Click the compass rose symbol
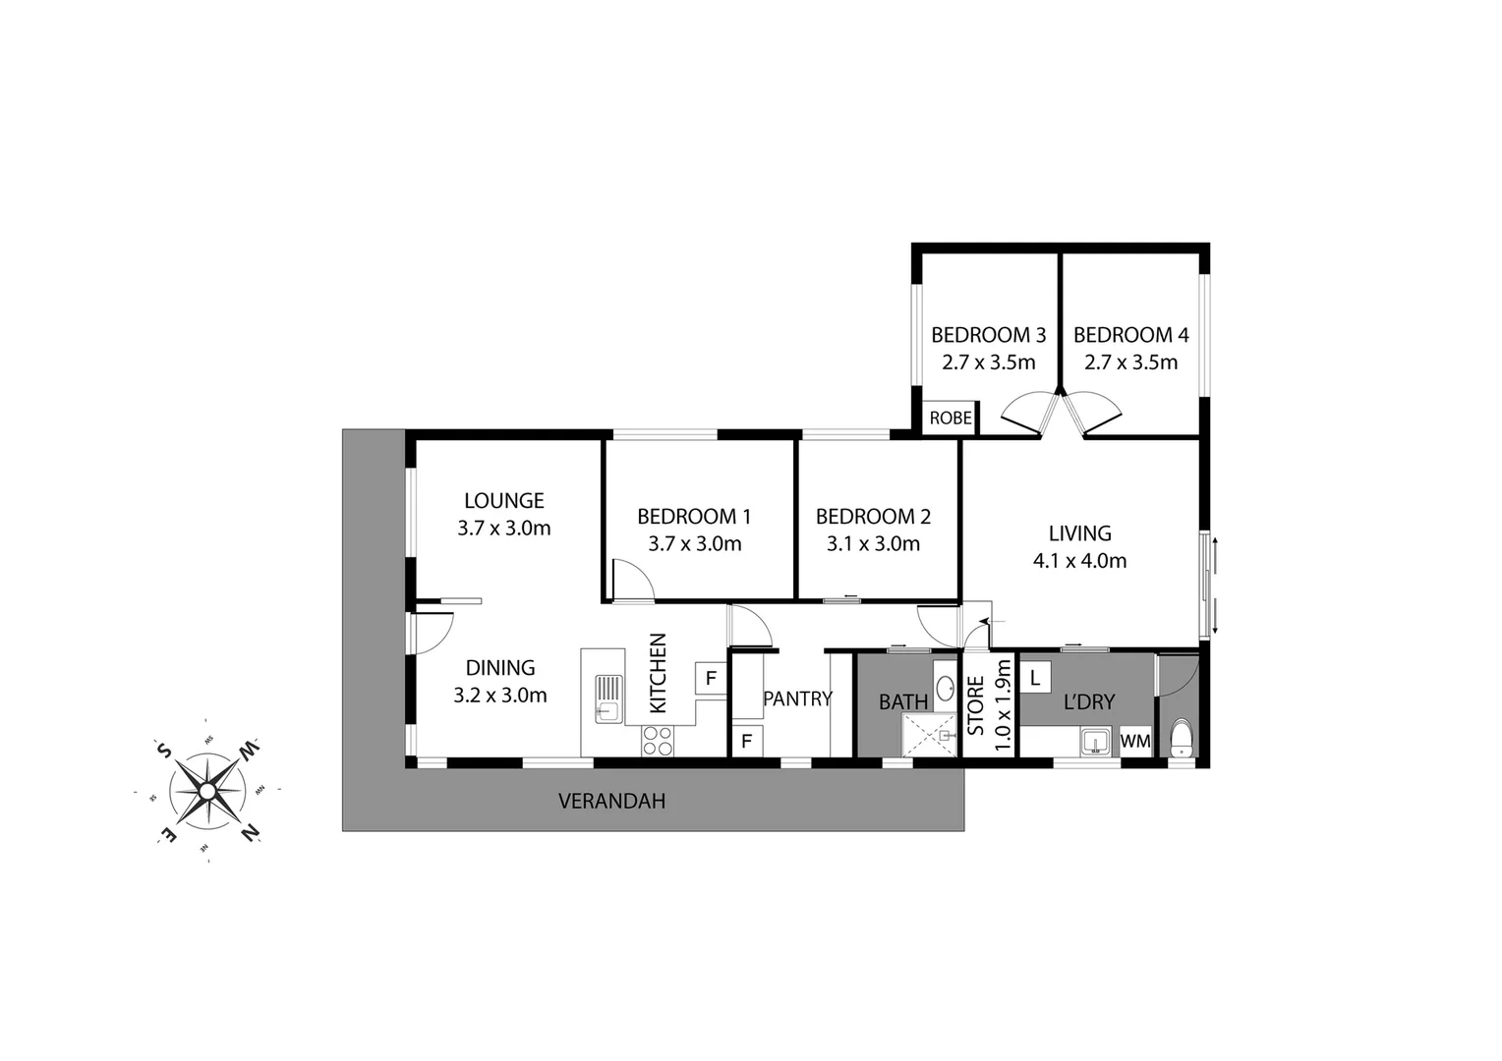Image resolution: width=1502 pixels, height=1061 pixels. (207, 790)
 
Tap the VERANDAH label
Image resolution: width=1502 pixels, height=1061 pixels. (611, 801)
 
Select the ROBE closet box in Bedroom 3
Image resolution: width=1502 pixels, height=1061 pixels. (950, 419)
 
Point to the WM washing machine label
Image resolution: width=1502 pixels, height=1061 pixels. (1135, 742)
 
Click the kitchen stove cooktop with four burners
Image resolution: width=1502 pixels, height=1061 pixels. (658, 740)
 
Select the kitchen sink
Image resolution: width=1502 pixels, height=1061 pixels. (608, 698)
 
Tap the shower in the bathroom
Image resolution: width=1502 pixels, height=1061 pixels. (929, 735)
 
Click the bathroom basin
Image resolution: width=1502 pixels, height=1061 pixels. (944, 688)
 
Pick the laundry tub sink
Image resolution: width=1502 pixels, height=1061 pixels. (1094, 741)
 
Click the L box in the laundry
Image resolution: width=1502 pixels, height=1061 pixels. (1035, 678)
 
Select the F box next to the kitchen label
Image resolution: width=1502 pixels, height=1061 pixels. (711, 679)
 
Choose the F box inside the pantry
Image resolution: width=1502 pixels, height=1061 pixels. (746, 741)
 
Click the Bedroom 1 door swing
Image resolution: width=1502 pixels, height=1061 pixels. (631, 579)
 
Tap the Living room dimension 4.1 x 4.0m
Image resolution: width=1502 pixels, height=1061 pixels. (1078, 561)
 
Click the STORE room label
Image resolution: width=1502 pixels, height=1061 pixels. (976, 705)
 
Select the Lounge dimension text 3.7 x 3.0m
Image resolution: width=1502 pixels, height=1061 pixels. (503, 529)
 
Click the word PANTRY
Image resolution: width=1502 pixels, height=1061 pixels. (797, 698)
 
